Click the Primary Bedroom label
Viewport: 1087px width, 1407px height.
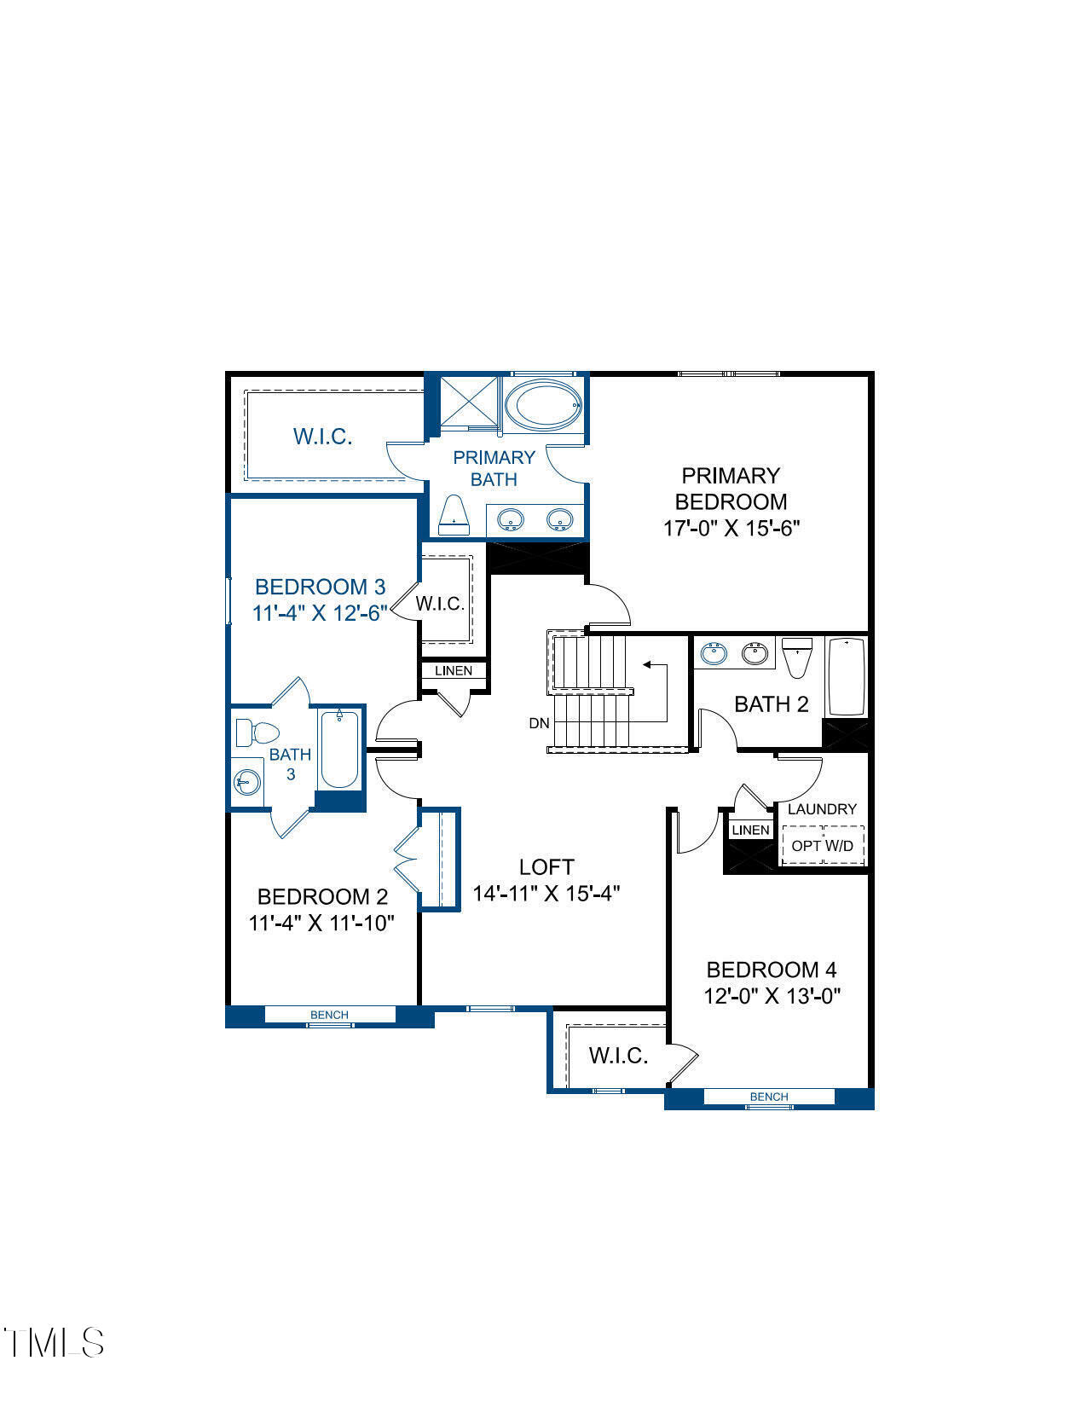pos(731,488)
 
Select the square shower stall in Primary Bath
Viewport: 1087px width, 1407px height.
pos(468,402)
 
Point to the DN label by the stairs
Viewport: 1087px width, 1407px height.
pos(539,724)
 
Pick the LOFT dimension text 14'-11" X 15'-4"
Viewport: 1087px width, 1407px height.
pos(546,894)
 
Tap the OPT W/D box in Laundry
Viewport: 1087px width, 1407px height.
pos(823,845)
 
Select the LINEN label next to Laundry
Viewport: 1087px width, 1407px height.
pos(751,830)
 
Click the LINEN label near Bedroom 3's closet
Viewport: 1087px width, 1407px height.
pos(454,671)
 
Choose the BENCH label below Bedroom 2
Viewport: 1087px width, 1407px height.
pos(329,1015)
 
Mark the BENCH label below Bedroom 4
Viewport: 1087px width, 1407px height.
pos(769,1097)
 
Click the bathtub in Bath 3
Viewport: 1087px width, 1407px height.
pos(339,750)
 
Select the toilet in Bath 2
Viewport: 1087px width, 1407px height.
pos(797,657)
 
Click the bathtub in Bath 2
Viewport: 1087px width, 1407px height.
pos(846,675)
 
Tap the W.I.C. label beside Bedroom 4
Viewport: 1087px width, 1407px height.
pos(618,1056)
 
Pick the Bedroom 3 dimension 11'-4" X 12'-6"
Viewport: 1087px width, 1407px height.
pos(320,613)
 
